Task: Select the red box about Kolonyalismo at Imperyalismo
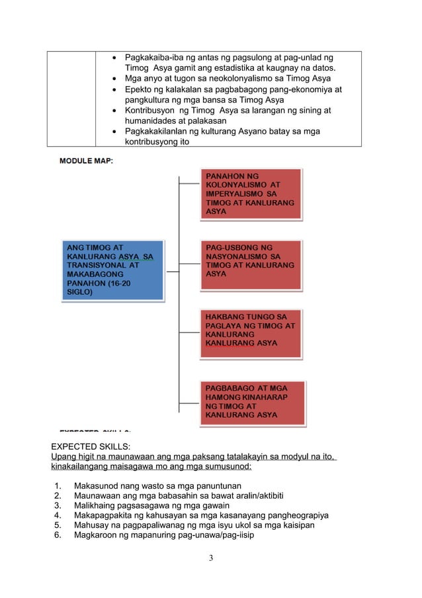click(251, 193)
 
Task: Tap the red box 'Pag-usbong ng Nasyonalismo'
click(251, 264)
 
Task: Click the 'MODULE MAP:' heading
click(86, 161)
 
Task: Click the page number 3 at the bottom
click(210, 558)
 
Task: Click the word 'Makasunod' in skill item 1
click(97, 485)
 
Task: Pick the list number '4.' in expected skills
click(58, 515)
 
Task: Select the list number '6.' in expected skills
click(58, 535)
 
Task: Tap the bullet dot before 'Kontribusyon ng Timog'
click(116, 111)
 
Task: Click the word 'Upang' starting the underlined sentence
click(64, 456)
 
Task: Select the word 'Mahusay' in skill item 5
click(93, 525)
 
